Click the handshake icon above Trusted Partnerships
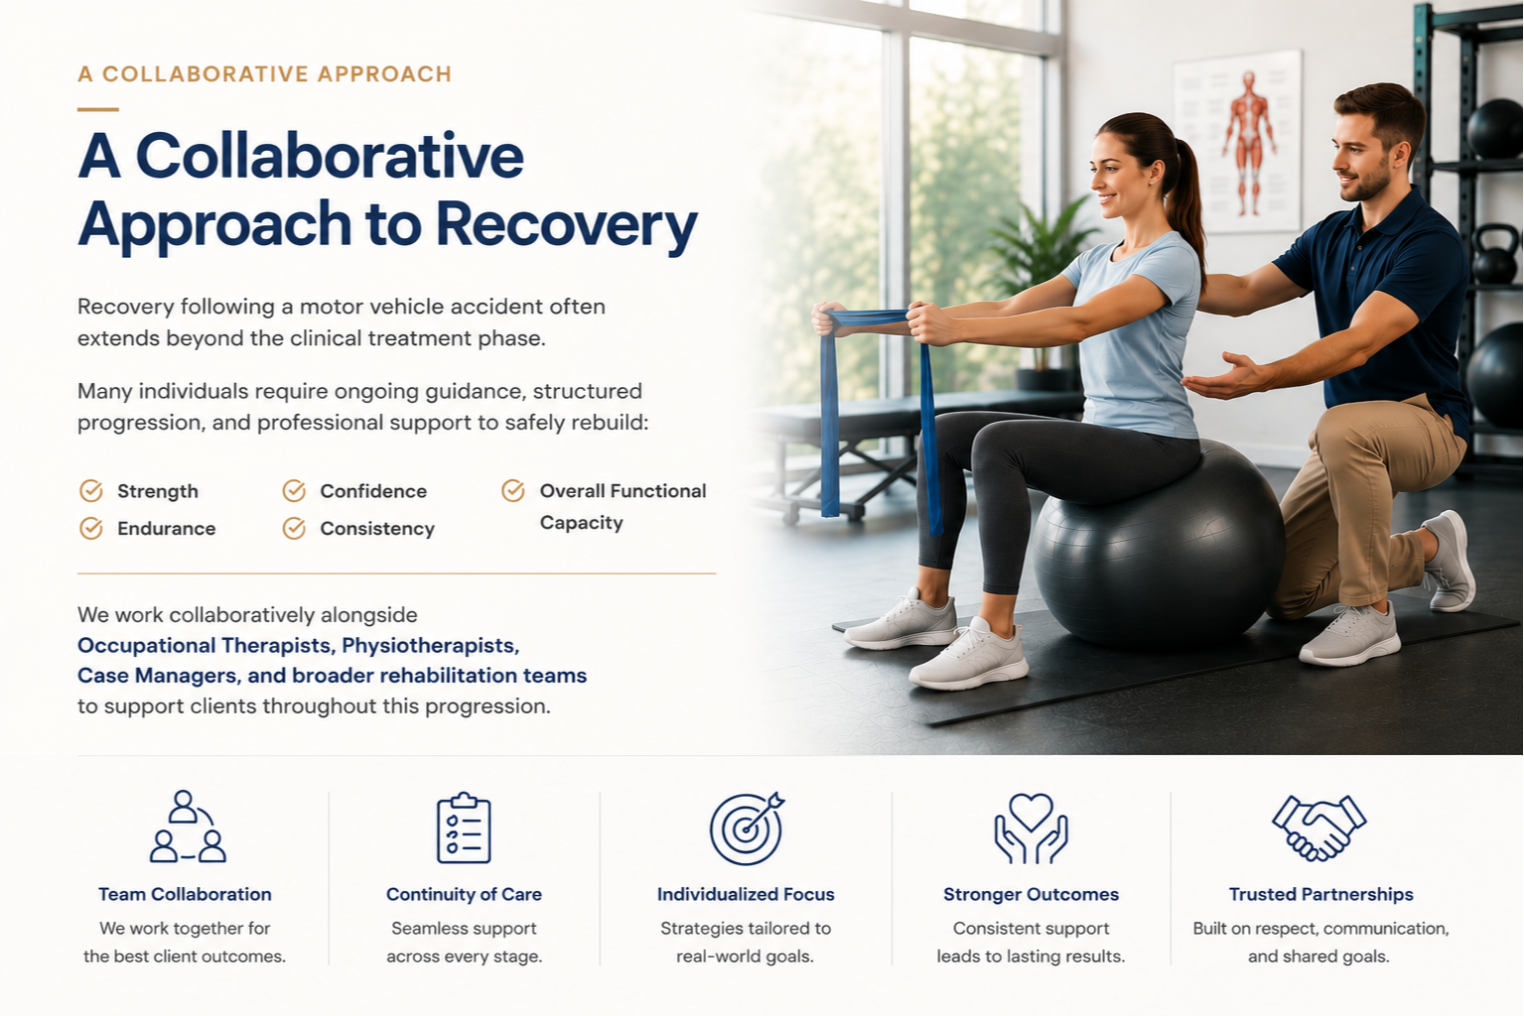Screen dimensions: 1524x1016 pyautogui.click(x=1318, y=827)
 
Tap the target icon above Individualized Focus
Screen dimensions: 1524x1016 pyautogui.click(x=747, y=828)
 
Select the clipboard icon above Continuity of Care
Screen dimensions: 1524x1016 pyautogui.click(x=464, y=827)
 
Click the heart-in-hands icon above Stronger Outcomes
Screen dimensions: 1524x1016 pyautogui.click(x=1031, y=828)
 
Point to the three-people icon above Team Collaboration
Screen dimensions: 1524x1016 pyautogui.click(x=187, y=826)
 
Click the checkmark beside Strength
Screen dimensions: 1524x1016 pyautogui.click(x=91, y=490)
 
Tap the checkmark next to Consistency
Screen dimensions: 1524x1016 pyautogui.click(x=294, y=528)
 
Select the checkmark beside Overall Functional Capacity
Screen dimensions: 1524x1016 pyautogui.click(x=513, y=490)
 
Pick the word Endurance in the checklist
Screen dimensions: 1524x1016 pyautogui.click(x=166, y=529)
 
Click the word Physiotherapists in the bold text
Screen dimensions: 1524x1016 pyautogui.click(x=431, y=645)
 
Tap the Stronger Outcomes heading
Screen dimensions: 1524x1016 pyautogui.click(x=1031, y=894)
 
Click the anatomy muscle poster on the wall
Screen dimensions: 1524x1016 pyautogui.click(x=1238, y=142)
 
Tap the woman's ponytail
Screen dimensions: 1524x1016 pyautogui.click(x=1189, y=204)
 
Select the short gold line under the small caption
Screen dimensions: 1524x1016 pyautogui.click(x=98, y=109)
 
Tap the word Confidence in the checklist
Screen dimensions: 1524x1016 pyautogui.click(x=373, y=491)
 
